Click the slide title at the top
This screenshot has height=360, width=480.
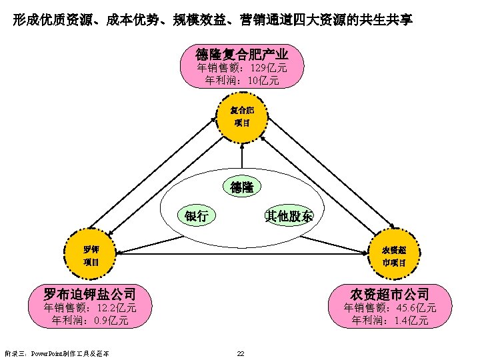pyautogui.click(x=212, y=20)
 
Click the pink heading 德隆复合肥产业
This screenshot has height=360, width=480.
pyautogui.click(x=242, y=53)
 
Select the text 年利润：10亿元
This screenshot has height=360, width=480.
pyautogui.click(x=242, y=81)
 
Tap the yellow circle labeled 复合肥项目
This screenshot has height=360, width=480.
pyautogui.click(x=243, y=116)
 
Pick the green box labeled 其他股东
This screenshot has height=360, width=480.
pyautogui.click(x=289, y=215)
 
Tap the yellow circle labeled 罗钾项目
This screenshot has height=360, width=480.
pyautogui.click(x=91, y=255)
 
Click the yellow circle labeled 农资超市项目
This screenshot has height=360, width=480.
pyautogui.click(x=393, y=255)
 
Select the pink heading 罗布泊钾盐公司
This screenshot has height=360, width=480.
pyautogui.click(x=89, y=294)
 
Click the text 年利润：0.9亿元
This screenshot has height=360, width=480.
pyautogui.click(x=90, y=321)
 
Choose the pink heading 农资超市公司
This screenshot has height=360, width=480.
pyautogui.click(x=390, y=294)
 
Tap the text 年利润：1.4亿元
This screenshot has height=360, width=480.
pyautogui.click(x=390, y=321)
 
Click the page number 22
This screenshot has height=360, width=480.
pyautogui.click(x=241, y=353)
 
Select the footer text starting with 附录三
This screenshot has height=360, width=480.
pyautogui.click(x=56, y=353)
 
